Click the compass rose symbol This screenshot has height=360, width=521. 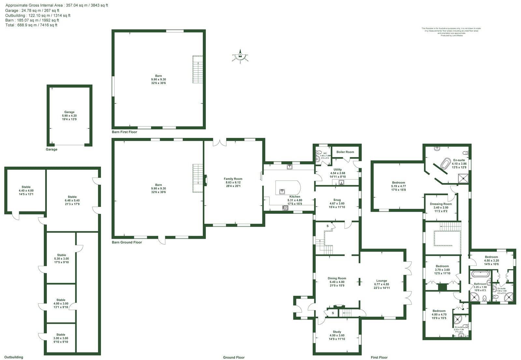(x=240, y=56)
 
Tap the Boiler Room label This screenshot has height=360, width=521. (x=345, y=152)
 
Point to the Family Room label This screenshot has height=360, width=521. (x=233, y=179)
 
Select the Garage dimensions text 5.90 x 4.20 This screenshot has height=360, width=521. (x=69, y=116)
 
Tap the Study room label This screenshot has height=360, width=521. (x=337, y=332)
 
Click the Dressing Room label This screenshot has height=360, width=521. (x=441, y=204)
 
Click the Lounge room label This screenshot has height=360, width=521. (x=382, y=281)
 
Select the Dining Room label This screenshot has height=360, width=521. (x=337, y=278)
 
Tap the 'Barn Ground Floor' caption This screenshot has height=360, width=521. (x=127, y=242)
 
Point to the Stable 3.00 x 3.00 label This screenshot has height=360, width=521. (x=61, y=335)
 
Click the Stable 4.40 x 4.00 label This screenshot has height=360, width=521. (x=26, y=187)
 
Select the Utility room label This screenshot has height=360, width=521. (x=338, y=169)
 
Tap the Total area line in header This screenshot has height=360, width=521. (x=31, y=25)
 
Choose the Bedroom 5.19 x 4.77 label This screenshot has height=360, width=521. (x=399, y=182)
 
